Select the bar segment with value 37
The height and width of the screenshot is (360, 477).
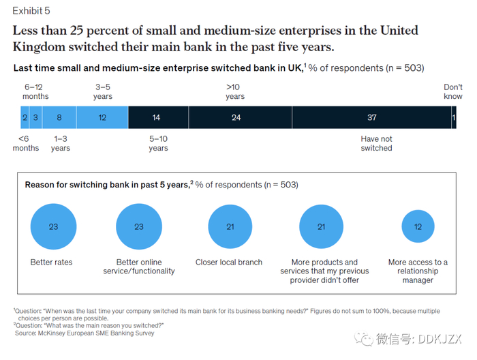click(371, 118)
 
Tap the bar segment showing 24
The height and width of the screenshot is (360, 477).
click(236, 118)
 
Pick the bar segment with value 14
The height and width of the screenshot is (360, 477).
click(156, 118)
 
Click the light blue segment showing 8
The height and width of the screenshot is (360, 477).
click(59, 118)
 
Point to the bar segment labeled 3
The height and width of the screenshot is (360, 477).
click(36, 118)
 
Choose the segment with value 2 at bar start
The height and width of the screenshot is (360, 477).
click(25, 118)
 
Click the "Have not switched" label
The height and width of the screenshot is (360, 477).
click(376, 143)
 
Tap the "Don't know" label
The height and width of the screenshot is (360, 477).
click(453, 92)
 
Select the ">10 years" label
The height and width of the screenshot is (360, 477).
click(234, 92)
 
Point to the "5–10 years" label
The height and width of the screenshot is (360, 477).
click(158, 143)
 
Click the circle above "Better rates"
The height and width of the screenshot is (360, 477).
click(53, 227)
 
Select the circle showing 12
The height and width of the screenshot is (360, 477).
click(418, 227)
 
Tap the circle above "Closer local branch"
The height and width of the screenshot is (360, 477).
click(230, 227)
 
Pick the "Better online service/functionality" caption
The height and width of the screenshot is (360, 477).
click(139, 267)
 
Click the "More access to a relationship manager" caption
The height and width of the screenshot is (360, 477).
click(418, 271)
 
